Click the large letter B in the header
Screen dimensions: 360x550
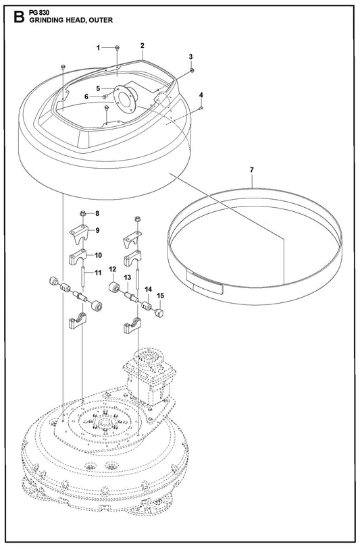tap(19, 17)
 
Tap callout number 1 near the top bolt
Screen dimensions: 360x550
tap(99, 48)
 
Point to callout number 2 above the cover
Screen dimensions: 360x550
tap(143, 46)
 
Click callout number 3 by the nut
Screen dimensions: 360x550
tap(190, 57)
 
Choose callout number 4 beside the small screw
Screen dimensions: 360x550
tap(201, 95)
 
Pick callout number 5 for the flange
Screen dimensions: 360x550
tap(99, 89)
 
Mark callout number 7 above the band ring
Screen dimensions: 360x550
tap(252, 170)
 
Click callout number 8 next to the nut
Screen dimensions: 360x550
tap(97, 213)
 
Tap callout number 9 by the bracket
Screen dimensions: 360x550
tap(97, 230)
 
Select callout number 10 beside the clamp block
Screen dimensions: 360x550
tap(99, 255)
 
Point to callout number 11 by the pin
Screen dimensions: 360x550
tap(99, 273)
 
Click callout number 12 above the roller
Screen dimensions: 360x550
tap(112, 269)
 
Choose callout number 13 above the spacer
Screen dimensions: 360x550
tap(128, 278)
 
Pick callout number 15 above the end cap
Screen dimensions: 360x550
tap(160, 296)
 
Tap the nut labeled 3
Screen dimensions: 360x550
tap(192, 71)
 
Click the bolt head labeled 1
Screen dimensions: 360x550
tap(118, 48)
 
